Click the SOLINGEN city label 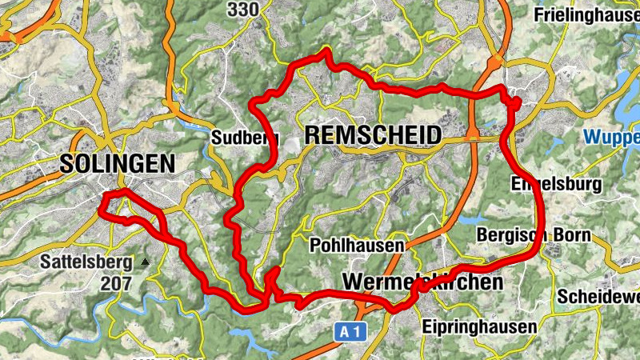pos(117,164)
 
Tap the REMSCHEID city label pos(373,136)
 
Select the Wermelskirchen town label pos(423,282)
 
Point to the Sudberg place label pos(238,138)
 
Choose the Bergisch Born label pos(534,235)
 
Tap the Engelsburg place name pos(556,185)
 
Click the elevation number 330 pos(243,10)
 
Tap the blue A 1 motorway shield pos(346,330)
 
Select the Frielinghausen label pos(586,14)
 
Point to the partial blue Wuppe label pos(611,136)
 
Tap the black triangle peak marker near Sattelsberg pos(145,262)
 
